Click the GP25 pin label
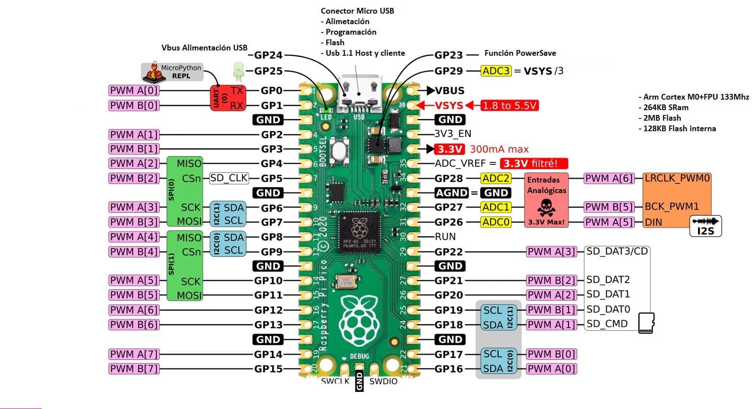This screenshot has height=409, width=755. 269,71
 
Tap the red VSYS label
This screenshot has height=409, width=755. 449,106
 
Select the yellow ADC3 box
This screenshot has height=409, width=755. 496,71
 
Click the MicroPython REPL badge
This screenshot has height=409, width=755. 173,72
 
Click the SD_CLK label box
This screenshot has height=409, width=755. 229,178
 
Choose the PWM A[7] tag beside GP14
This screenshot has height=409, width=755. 134,354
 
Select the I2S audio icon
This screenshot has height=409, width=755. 705,226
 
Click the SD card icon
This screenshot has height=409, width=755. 646,323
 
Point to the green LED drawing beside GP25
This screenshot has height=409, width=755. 238,71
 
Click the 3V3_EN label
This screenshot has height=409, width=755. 453,134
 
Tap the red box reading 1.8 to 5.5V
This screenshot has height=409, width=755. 509,106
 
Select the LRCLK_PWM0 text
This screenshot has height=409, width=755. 676,178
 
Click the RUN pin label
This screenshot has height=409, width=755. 445,237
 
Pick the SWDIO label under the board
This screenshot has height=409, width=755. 383,381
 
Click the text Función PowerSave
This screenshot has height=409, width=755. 520,53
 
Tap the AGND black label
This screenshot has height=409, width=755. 451,193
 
